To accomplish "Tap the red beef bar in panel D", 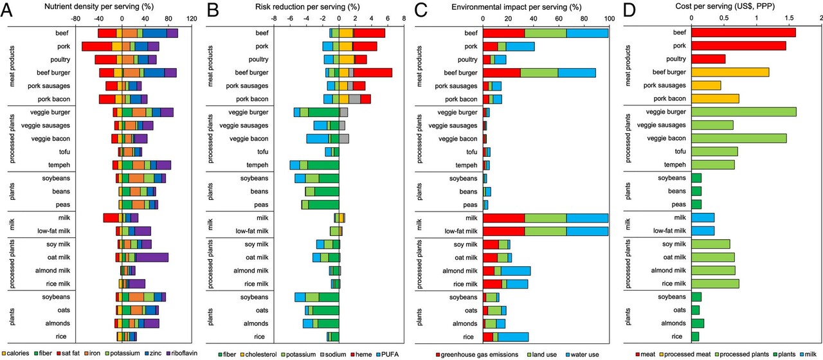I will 743,33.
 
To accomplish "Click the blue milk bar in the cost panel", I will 703,217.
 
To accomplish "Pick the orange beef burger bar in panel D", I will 730,72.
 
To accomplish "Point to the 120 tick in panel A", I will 191,19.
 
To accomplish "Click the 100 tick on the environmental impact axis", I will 608,19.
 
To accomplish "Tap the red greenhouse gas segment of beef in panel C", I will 503,33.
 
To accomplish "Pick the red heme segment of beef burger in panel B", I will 373,72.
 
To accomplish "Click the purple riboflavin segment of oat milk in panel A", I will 152,257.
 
